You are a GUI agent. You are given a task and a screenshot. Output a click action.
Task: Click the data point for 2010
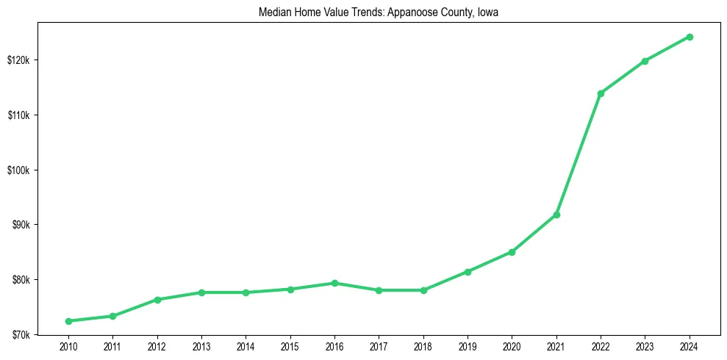click(68, 321)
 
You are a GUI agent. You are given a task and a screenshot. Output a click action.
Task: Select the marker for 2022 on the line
click(601, 93)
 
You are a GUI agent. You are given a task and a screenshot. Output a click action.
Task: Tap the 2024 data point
click(690, 37)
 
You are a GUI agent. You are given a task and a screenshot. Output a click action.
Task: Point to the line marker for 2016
click(334, 283)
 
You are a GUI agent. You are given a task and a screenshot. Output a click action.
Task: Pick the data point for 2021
click(556, 215)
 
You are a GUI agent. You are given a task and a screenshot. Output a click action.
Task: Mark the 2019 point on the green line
click(468, 272)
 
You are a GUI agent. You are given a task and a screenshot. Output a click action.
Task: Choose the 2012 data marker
click(157, 300)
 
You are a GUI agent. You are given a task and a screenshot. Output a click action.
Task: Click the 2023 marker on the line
click(645, 61)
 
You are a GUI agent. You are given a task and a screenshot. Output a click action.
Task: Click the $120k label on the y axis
click(18, 60)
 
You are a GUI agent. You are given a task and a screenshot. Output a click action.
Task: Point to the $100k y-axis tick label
click(18, 170)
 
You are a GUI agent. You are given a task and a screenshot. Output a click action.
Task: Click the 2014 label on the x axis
click(246, 346)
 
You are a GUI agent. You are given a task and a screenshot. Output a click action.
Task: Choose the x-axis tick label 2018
click(423, 346)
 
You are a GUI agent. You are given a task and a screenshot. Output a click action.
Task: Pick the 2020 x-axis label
click(512, 346)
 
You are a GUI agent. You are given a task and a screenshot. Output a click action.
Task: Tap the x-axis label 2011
click(112, 346)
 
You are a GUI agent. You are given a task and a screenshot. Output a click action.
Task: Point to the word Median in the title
click(273, 12)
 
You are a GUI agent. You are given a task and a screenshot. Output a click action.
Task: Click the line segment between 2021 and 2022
click(579, 154)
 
